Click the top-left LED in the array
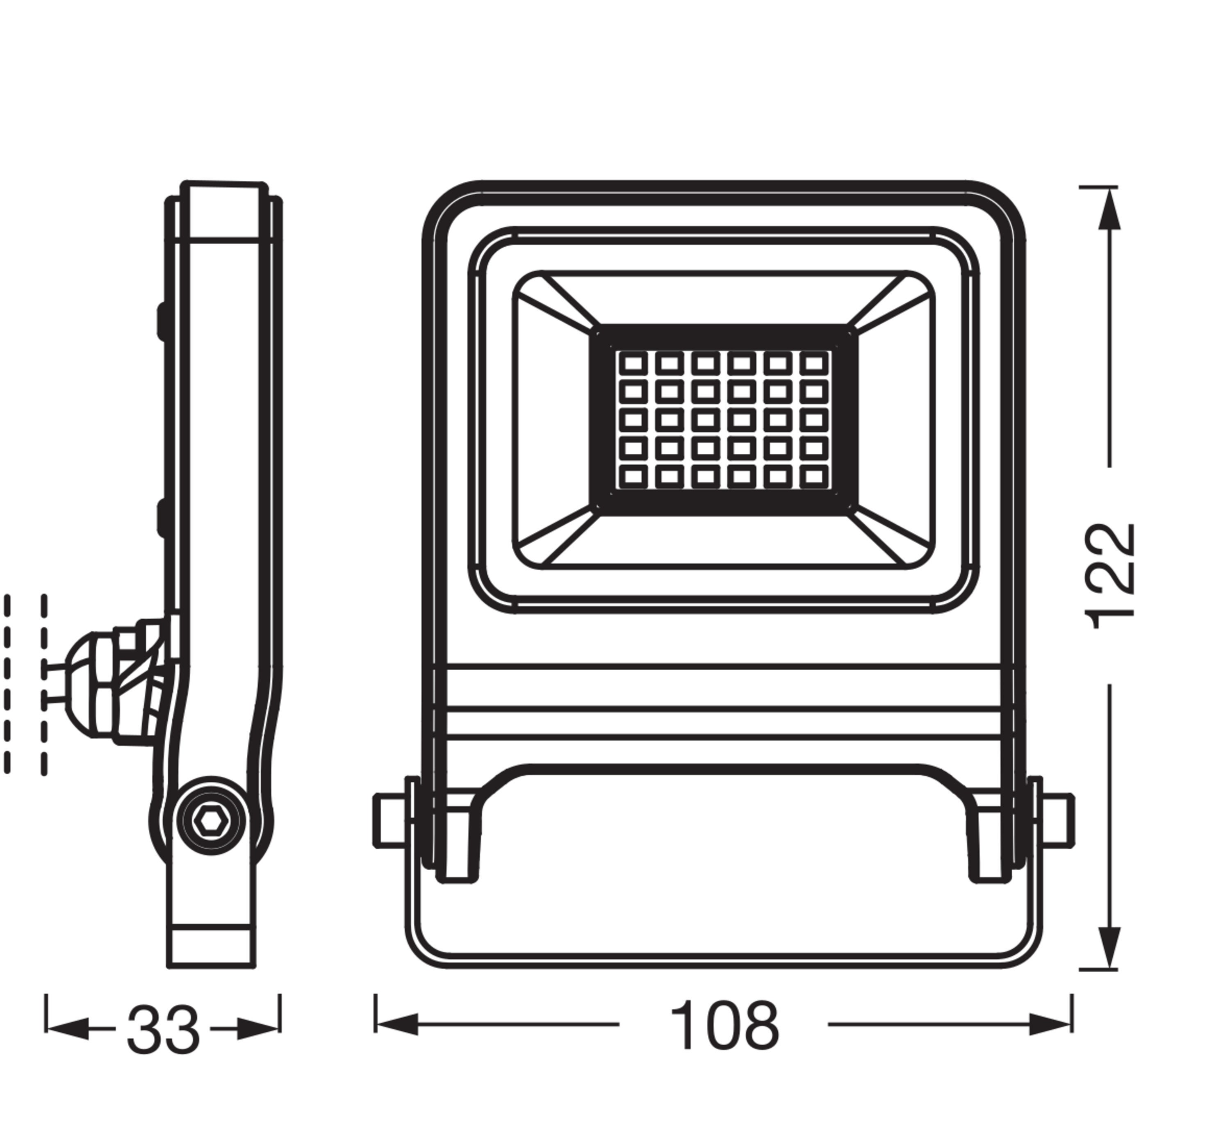(x=633, y=364)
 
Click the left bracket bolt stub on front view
(x=390, y=820)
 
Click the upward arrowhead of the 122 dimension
(x=1109, y=210)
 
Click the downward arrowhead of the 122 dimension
(x=1109, y=942)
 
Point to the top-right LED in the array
(x=813, y=364)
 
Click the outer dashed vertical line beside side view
(x=7, y=683)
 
